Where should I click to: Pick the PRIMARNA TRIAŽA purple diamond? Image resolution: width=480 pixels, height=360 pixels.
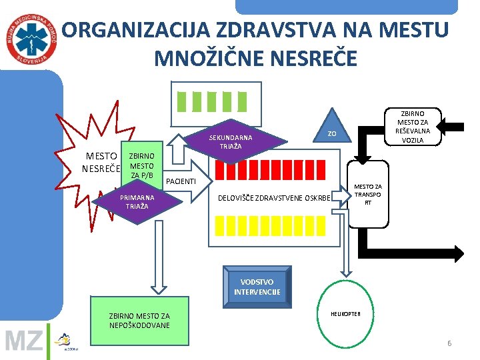[137, 202]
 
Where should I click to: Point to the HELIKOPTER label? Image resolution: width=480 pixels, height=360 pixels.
[345, 314]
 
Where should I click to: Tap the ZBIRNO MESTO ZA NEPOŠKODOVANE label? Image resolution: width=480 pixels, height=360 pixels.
[139, 321]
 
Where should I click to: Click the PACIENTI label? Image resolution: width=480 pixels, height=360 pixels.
[181, 181]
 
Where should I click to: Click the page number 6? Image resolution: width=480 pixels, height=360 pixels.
[449, 343]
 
